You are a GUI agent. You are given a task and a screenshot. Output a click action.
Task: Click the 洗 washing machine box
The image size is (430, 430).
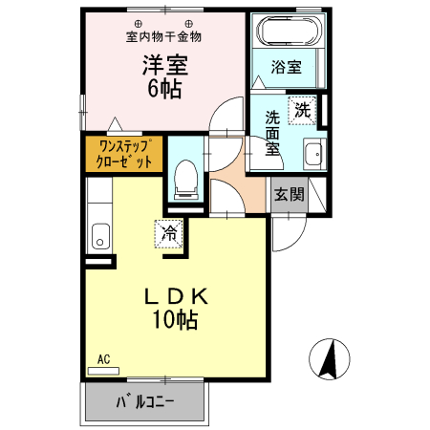pos(302,109)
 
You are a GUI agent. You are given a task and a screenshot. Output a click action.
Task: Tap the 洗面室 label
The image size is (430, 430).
pos(272,133)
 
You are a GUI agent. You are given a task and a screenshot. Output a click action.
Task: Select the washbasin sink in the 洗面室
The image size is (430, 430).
pos(312,155)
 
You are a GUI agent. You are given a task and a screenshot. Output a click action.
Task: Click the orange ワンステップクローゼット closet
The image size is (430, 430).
pos(124,154)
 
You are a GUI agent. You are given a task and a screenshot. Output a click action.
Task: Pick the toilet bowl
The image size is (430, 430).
pos(186,178)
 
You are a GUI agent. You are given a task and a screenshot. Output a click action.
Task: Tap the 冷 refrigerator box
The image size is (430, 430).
pos(169,232)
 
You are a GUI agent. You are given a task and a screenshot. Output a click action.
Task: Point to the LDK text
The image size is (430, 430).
pos(175,295)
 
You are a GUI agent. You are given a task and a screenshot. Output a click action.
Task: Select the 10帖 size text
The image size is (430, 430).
pos(174,320)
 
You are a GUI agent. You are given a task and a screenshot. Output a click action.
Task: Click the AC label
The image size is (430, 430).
pos(104,359)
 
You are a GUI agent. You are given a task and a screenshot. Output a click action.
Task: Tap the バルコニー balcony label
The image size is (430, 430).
pos(145,402)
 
